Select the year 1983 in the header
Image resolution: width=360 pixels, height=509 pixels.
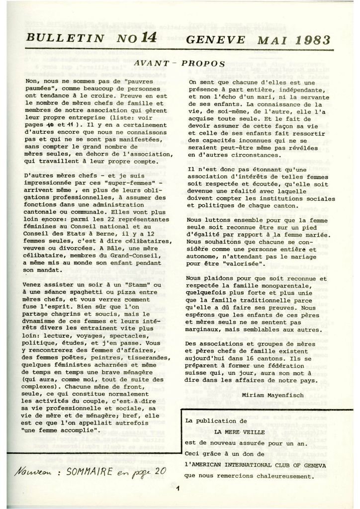(308, 37)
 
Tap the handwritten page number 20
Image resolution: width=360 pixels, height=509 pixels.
(159, 469)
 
